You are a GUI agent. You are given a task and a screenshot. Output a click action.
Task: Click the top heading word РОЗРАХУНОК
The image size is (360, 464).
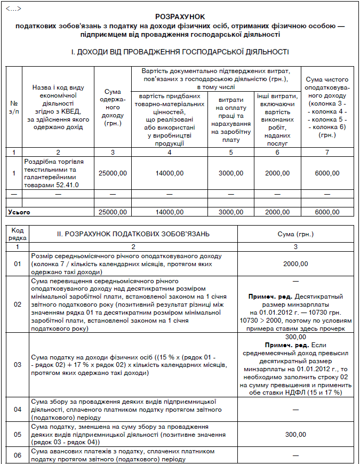(x=180, y=17)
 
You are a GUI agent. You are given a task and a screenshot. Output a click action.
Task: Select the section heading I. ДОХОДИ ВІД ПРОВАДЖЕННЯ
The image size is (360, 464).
(x=180, y=52)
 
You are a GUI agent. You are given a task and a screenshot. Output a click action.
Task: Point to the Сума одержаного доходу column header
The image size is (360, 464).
(x=112, y=107)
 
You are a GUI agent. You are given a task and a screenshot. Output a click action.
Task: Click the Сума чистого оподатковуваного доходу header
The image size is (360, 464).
(x=327, y=107)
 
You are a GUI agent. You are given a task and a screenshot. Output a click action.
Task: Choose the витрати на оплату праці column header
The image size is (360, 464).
(x=230, y=120)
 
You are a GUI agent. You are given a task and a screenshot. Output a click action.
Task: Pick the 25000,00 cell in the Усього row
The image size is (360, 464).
(x=112, y=212)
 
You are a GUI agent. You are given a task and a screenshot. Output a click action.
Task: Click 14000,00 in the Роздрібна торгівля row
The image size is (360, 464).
(x=169, y=173)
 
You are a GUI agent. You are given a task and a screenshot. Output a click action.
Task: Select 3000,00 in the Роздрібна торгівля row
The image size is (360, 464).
(x=230, y=173)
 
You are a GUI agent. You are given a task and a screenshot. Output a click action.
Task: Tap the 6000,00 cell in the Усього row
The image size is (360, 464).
(x=327, y=212)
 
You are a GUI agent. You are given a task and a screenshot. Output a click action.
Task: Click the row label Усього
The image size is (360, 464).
(x=19, y=212)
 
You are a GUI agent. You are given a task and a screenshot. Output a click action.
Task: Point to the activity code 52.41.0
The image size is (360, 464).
(x=66, y=185)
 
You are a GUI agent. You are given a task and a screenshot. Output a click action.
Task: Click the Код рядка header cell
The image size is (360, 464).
(x=18, y=234)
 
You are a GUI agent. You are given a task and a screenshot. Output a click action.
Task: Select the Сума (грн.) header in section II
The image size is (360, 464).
(x=296, y=234)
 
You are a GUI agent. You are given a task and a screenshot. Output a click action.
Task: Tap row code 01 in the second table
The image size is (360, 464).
(x=18, y=263)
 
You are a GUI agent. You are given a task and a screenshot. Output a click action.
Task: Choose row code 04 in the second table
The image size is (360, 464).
(x=18, y=409)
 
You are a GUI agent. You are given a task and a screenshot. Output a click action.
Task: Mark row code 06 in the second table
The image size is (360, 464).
(x=18, y=455)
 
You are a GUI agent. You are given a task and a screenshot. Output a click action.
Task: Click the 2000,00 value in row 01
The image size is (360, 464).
(x=296, y=263)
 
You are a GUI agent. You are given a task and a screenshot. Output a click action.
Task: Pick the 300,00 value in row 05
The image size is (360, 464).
(x=296, y=434)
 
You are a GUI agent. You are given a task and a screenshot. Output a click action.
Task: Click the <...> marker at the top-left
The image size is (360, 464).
(x=11, y=6)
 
